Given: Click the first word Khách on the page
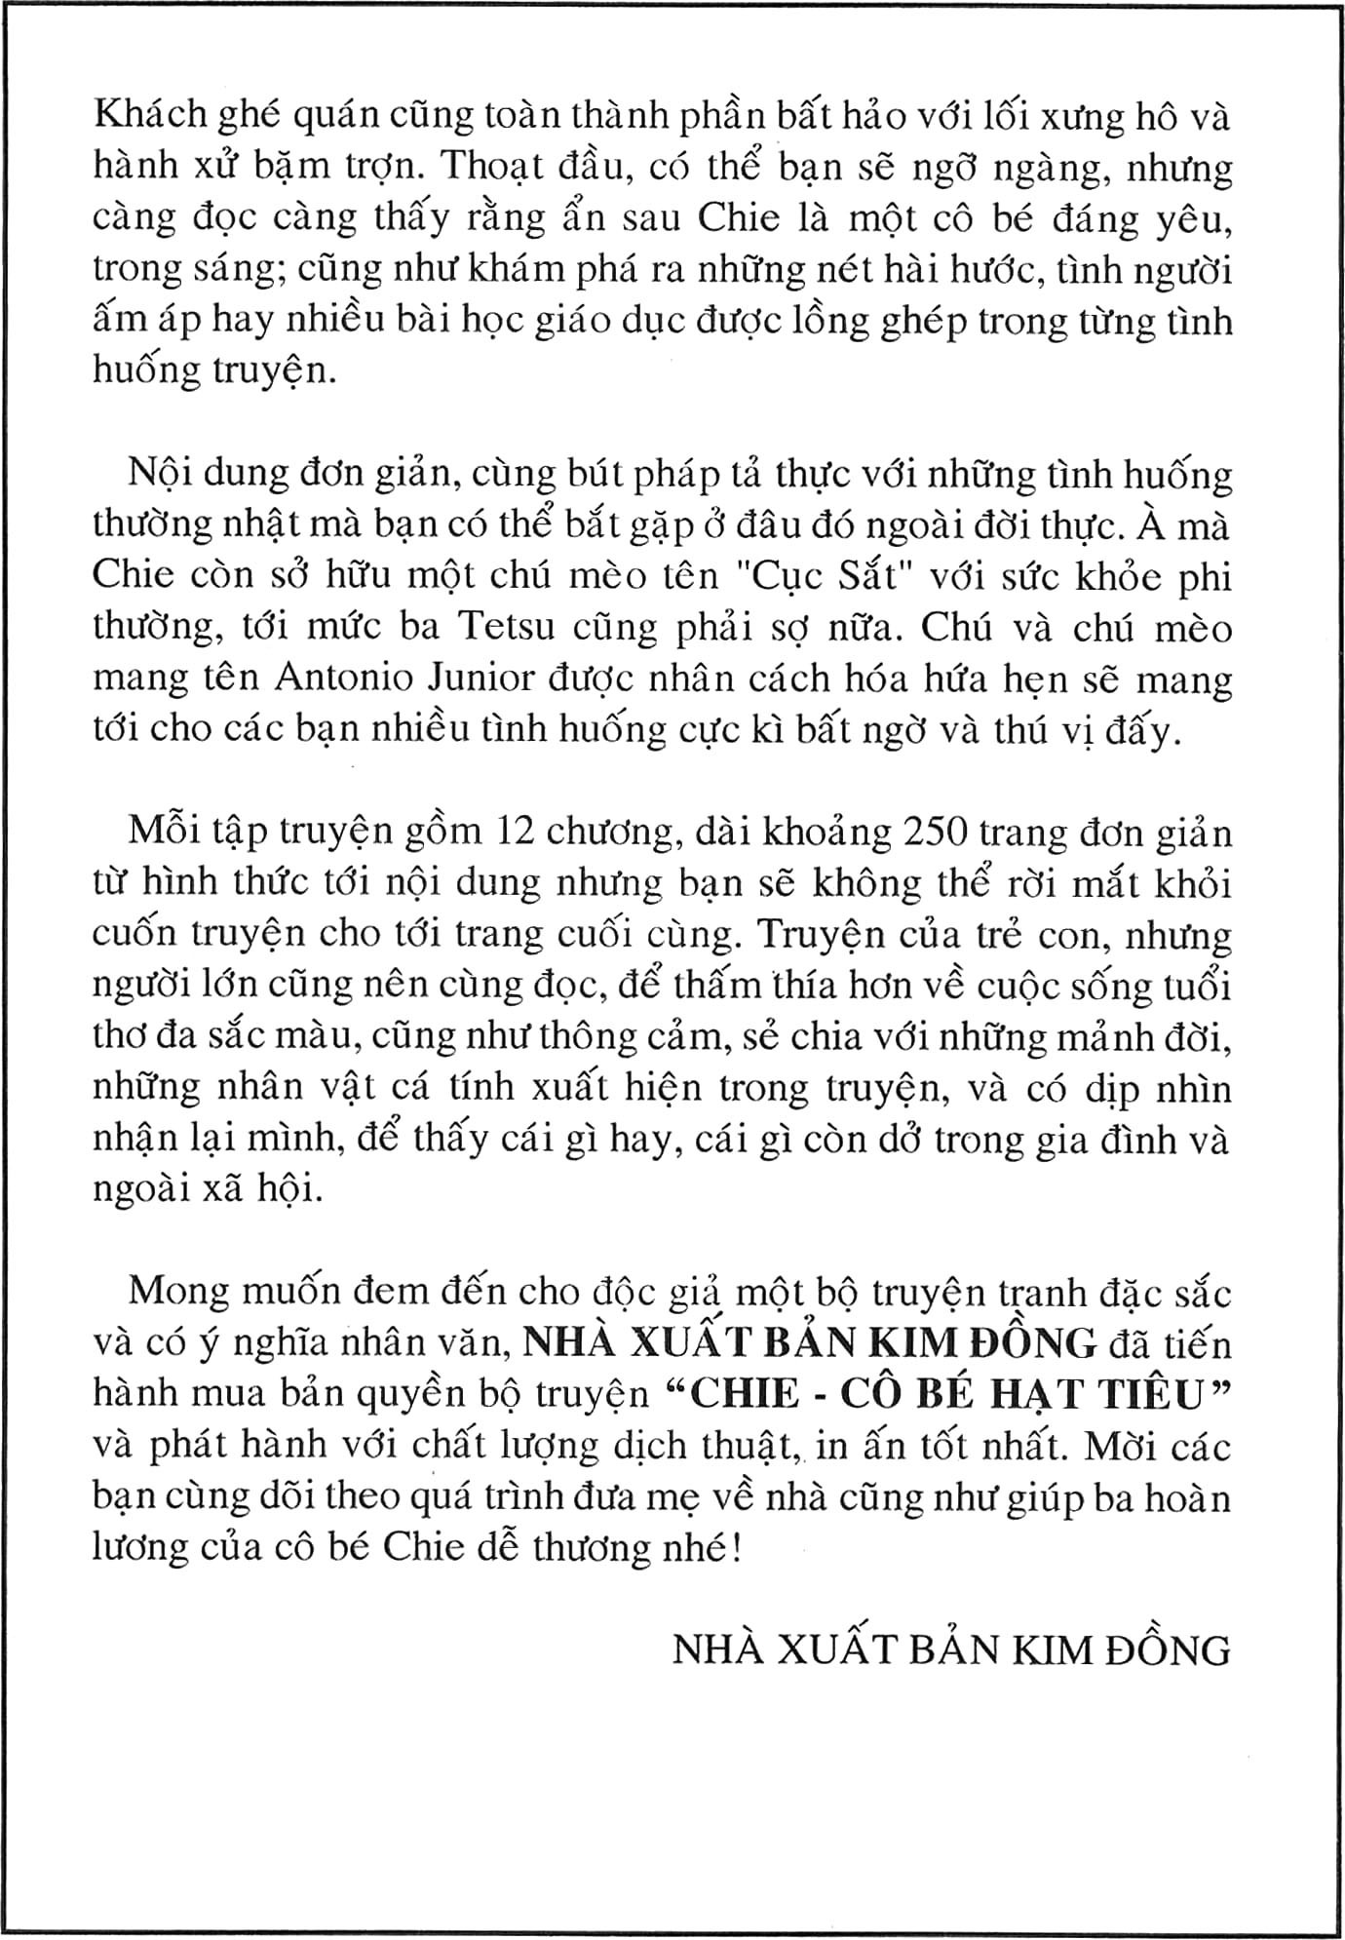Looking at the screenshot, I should tap(151, 116).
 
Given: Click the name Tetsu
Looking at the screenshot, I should tap(506, 627).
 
